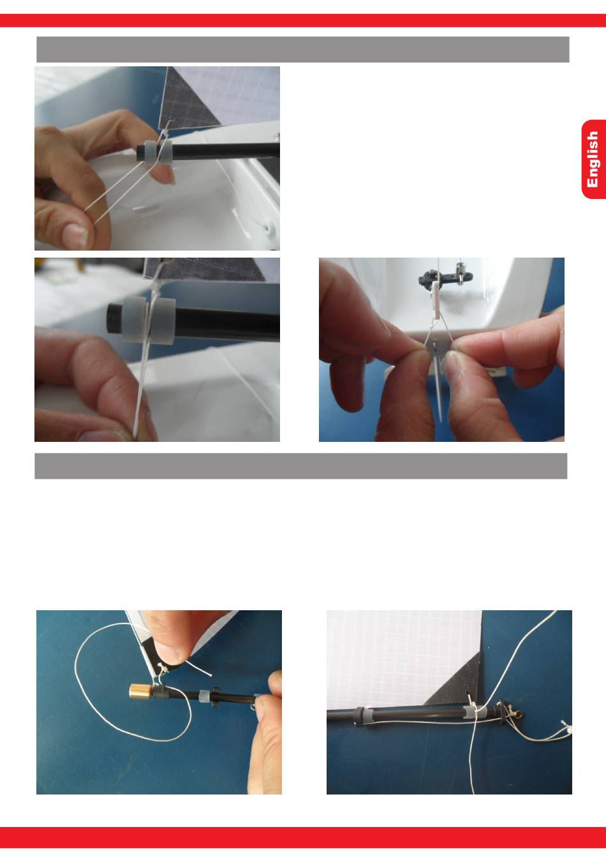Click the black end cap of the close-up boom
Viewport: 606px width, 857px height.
tap(114, 318)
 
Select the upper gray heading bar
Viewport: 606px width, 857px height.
tap(303, 49)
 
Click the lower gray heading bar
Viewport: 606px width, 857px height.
tap(301, 466)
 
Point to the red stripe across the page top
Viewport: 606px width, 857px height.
tap(303, 20)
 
